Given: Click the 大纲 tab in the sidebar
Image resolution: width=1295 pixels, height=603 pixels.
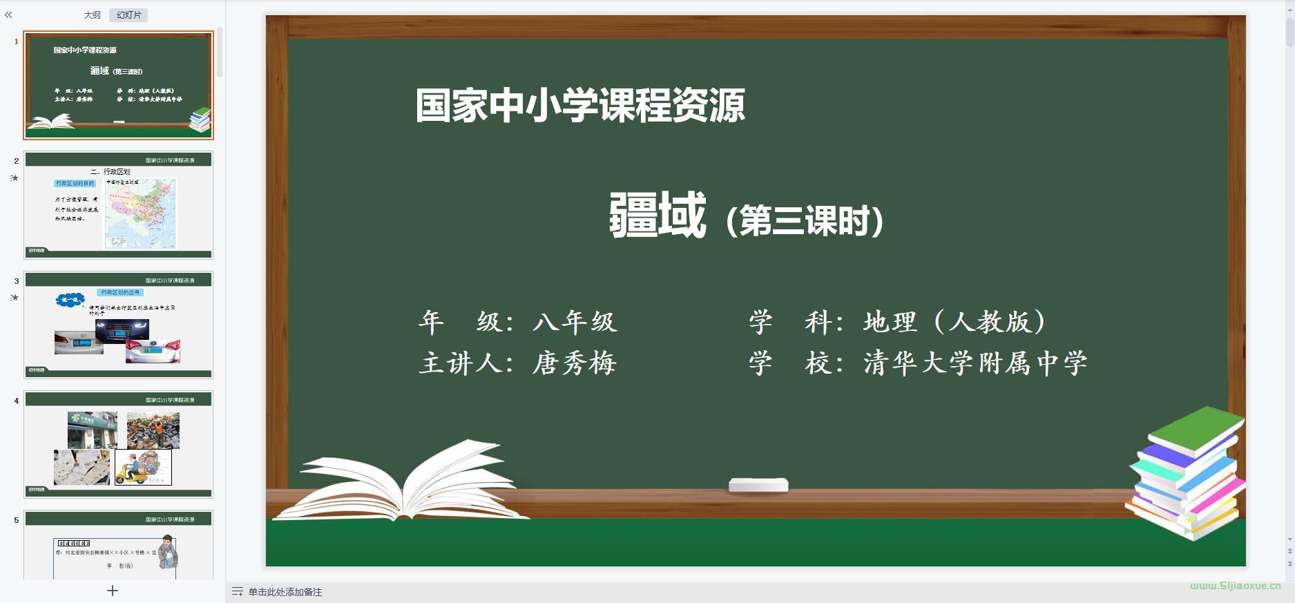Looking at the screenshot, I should [92, 15].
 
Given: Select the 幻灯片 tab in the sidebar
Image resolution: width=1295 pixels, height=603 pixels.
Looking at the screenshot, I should [128, 15].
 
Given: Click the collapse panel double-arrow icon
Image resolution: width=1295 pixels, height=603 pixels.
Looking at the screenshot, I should [8, 15].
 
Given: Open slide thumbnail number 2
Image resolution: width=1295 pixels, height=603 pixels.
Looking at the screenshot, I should [118, 205].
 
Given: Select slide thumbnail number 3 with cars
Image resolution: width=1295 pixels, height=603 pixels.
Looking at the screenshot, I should [118, 325].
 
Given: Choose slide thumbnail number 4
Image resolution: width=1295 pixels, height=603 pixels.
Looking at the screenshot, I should [118, 444].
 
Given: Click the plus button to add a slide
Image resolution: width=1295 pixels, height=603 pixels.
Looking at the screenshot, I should [113, 591].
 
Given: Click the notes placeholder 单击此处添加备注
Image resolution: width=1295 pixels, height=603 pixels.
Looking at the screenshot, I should [285, 592].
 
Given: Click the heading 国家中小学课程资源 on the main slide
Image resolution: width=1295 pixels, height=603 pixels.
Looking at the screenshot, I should [580, 106].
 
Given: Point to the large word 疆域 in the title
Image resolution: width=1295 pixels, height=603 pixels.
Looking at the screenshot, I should [657, 216].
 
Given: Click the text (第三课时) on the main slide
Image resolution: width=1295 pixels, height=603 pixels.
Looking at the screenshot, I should [805, 222].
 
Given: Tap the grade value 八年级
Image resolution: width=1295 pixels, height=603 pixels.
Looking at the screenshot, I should [575, 322].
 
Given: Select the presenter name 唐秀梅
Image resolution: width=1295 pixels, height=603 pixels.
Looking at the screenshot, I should [575, 363].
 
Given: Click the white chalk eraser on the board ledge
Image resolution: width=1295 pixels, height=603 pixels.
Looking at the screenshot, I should [758, 485].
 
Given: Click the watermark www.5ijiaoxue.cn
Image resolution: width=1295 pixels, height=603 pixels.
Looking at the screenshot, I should [1235, 586].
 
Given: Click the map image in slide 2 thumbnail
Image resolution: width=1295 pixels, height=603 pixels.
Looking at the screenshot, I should [141, 213].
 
